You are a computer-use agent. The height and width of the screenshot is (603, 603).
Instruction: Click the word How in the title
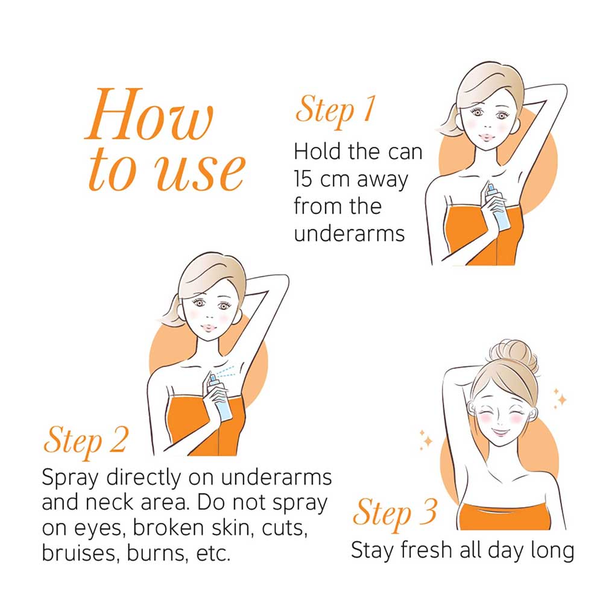coord(149,114)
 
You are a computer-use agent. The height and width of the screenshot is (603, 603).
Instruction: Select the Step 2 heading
coord(85,441)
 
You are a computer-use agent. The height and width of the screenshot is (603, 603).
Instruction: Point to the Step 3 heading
coord(395,513)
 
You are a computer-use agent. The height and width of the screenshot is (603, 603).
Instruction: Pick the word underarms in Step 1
coord(349,233)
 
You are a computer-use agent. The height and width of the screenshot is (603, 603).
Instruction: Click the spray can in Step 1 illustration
coord(498,207)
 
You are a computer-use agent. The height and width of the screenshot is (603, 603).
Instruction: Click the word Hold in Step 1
coord(318,151)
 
